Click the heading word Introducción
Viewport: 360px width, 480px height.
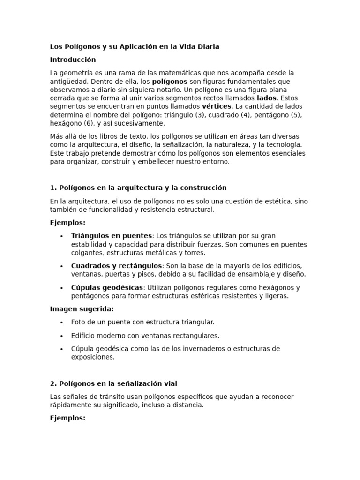pyautogui.click(x=73, y=60)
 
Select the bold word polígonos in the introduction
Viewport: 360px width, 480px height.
pyautogui.click(x=170, y=82)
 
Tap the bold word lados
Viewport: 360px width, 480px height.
pyautogui.click(x=267, y=98)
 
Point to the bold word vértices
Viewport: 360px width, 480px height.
pyautogui.click(x=217, y=107)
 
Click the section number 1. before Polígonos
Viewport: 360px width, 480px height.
pyautogui.click(x=53, y=188)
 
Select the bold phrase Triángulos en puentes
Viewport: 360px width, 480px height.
pyautogui.click(x=112, y=236)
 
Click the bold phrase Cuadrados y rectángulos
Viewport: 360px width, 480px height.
pyautogui.click(x=116, y=266)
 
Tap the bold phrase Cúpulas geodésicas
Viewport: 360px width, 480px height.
pyautogui.click(x=107, y=288)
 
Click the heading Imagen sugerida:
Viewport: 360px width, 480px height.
pyautogui.click(x=82, y=309)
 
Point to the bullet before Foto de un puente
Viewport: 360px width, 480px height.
pyautogui.click(x=61, y=322)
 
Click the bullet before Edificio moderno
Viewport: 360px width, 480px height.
pyautogui.click(x=61, y=336)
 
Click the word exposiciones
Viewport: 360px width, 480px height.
pyautogui.click(x=93, y=357)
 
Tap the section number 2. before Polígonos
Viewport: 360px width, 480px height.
pyautogui.click(x=53, y=384)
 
